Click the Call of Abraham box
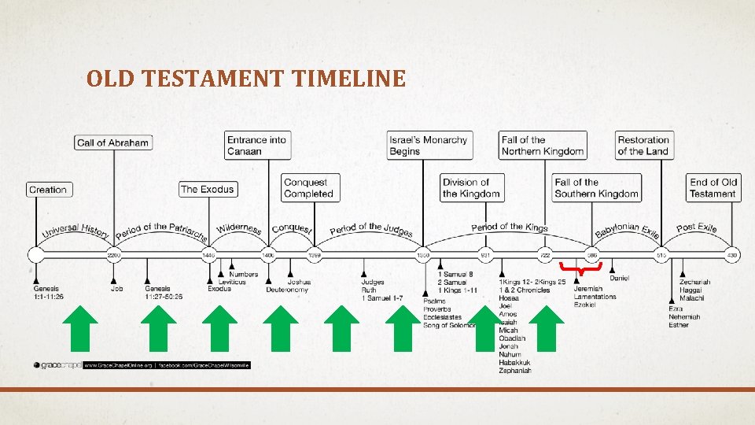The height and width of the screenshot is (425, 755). click(113, 142)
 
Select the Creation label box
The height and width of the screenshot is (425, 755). click(48, 190)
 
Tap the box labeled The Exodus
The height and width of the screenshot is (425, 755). click(208, 189)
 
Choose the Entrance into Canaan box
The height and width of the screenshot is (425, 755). click(257, 146)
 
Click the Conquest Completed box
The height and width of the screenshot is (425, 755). click(309, 188)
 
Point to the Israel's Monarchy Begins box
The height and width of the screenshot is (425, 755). click(428, 146)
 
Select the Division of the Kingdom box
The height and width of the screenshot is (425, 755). click(471, 188)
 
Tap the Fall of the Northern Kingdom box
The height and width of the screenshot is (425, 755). click(543, 146)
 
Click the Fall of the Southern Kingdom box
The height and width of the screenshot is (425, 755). click(596, 188)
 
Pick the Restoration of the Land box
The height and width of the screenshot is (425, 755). click(643, 146)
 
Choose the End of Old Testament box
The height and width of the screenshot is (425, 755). click(713, 188)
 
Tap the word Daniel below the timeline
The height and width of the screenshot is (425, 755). click(619, 278)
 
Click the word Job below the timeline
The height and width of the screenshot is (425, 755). click(117, 289)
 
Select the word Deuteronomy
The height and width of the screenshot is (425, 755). click(286, 290)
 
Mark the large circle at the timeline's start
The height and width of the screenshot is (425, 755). click(35, 254)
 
